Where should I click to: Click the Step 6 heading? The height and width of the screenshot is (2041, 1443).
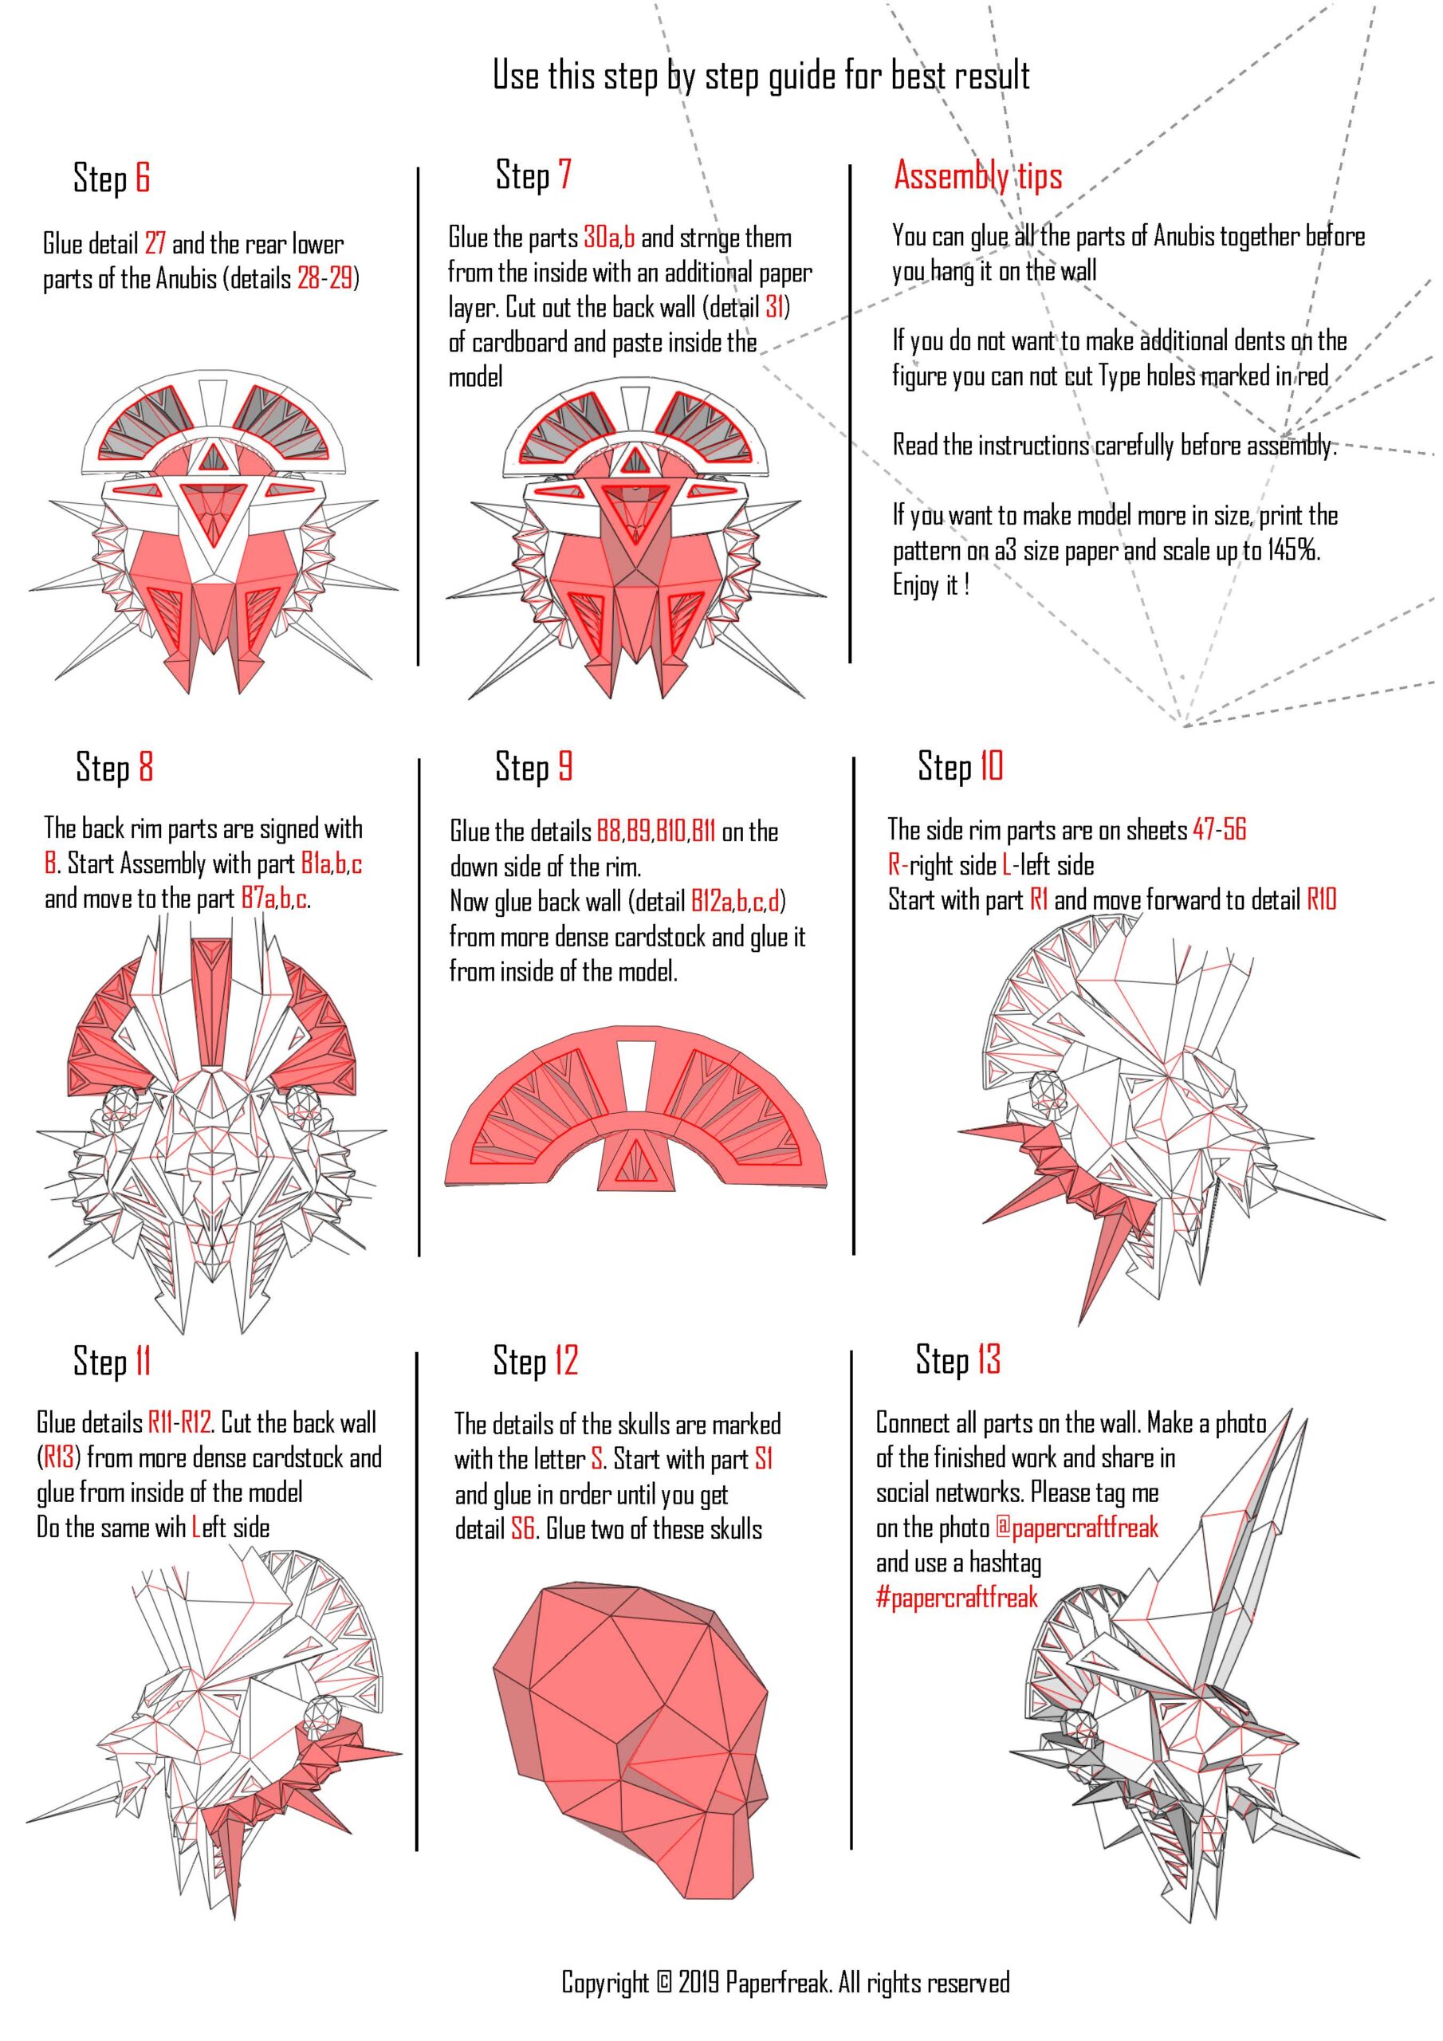[x=111, y=177]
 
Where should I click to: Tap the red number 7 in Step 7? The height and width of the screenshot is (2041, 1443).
[x=564, y=175]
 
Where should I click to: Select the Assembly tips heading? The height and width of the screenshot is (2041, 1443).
[x=978, y=176]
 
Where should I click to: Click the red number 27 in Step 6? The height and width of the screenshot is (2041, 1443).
[x=155, y=244]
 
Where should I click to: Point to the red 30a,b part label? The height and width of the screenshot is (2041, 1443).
[x=609, y=238]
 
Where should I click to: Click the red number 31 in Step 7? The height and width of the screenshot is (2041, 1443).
[x=775, y=307]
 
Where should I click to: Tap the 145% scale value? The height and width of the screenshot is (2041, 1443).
[x=1293, y=550]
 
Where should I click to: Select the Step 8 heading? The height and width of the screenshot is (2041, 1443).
[x=115, y=766]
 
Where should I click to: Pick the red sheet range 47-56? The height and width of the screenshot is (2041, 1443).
[x=1220, y=829]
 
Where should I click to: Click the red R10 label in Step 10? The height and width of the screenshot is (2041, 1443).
[x=1321, y=899]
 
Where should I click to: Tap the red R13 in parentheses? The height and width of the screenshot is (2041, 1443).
[x=60, y=1458]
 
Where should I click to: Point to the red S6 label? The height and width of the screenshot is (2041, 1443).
[x=523, y=1529]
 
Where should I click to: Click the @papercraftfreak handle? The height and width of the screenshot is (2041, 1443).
[x=1077, y=1528]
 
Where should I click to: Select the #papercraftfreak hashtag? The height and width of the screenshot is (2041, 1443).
[x=957, y=1598]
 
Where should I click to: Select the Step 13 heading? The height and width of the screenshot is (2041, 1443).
[x=958, y=1359]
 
